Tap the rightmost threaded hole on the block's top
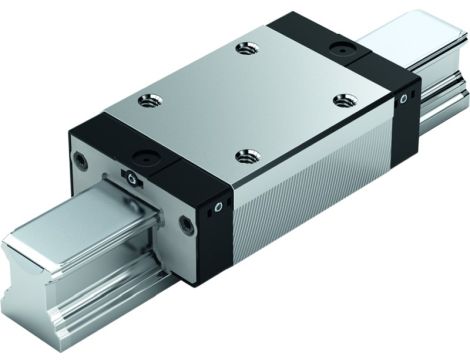pos(345,100)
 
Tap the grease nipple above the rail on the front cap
pos(132,178)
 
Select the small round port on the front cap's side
pos(218,206)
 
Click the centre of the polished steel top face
pos(245,100)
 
